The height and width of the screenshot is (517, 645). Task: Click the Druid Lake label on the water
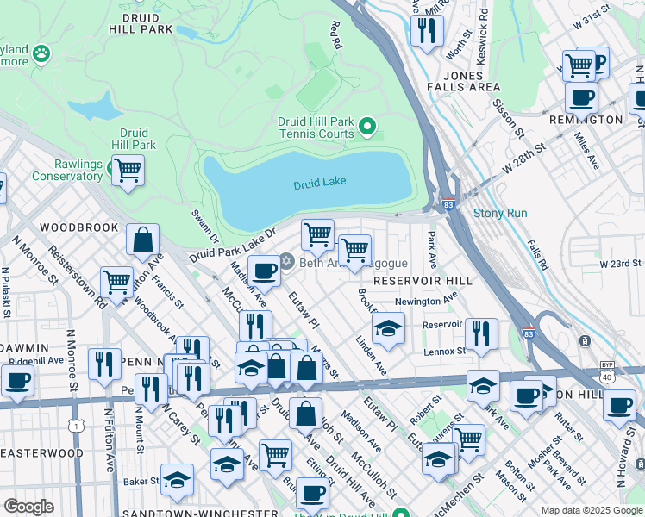319,184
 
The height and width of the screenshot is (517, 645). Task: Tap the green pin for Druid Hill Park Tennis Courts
367,128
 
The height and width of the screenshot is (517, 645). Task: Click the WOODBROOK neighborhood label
78,227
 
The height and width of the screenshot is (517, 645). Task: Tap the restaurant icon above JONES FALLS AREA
426,31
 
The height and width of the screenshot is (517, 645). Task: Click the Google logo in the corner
29,506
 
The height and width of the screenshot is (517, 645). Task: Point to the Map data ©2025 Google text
591,510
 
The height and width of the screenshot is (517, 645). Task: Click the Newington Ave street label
425,302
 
